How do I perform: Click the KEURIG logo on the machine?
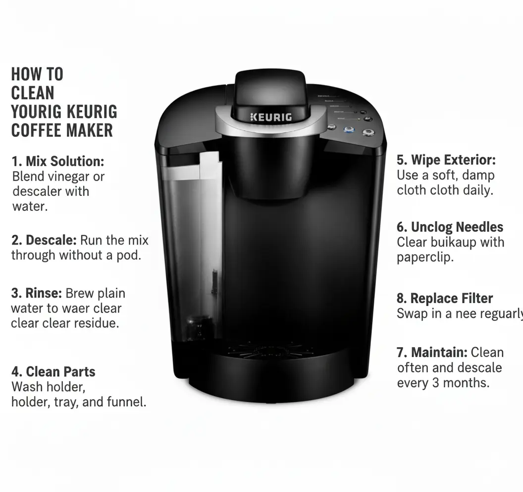click(271, 117)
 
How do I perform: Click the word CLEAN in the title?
click(33, 93)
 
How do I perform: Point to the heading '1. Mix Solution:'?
click(57, 161)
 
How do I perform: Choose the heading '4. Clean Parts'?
click(53, 372)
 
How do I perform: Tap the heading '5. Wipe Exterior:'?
click(446, 160)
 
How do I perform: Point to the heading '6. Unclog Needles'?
click(450, 227)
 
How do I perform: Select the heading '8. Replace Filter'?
click(444, 299)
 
